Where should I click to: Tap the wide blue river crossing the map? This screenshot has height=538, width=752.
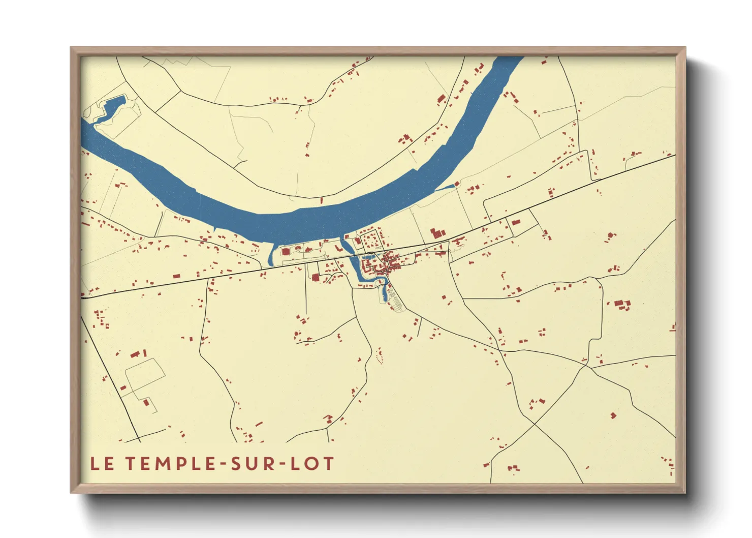(285, 224)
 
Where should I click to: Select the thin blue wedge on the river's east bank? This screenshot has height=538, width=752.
(446, 188)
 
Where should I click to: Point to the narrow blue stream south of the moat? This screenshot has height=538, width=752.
(385, 292)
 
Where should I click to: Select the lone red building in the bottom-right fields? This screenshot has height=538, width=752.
(613, 415)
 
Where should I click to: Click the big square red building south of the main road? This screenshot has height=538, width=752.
(316, 278)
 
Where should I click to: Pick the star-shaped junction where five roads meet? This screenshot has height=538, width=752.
(586, 365)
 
